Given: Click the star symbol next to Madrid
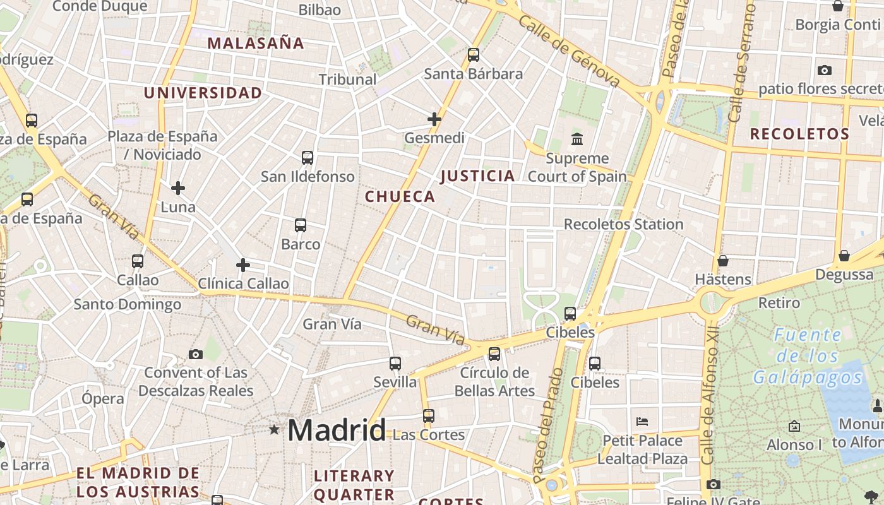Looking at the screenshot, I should click(274, 430).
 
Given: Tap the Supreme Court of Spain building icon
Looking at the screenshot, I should click(577, 139).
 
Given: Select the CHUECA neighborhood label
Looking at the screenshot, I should click(400, 196).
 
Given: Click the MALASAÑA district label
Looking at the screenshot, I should click(256, 44).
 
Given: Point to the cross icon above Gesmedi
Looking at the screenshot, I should click(434, 119).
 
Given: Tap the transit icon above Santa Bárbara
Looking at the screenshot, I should click(474, 55).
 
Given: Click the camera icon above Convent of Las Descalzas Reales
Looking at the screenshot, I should click(196, 354).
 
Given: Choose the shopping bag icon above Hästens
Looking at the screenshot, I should click(723, 261).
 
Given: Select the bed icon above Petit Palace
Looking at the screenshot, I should click(642, 421).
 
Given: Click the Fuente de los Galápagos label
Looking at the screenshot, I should click(808, 356).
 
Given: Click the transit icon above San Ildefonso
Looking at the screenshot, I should click(308, 157).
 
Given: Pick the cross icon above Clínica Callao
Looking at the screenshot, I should click(243, 265).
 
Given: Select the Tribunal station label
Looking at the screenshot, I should click(347, 80).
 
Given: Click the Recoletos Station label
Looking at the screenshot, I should click(623, 224).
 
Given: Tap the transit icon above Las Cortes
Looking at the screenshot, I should click(429, 416).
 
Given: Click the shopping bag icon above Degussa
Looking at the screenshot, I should click(844, 256).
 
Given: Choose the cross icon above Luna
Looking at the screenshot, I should click(178, 187).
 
